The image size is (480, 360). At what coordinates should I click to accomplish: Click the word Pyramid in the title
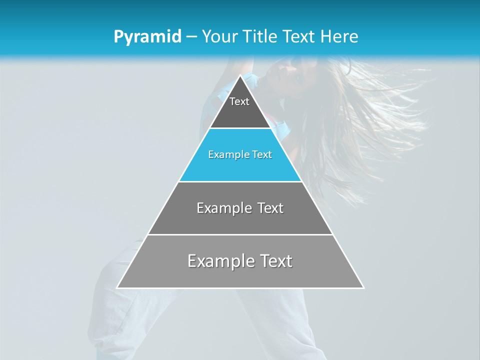147,37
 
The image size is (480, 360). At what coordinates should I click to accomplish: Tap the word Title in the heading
259,36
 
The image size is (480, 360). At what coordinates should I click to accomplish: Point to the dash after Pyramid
191,37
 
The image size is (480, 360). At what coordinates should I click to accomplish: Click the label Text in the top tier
239,101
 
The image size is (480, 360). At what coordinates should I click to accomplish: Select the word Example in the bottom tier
216,261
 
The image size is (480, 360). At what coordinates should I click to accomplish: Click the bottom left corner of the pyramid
117,287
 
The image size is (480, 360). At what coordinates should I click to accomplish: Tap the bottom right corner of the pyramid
363,287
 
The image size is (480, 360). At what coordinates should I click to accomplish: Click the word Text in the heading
300,36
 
